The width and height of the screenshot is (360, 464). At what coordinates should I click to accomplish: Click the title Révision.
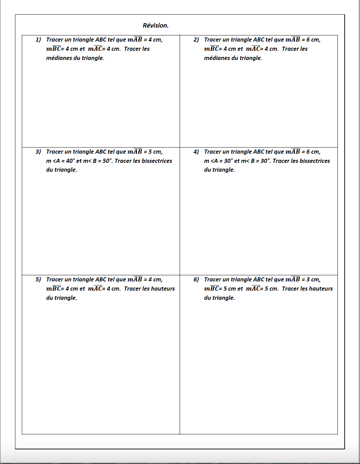coord(155,26)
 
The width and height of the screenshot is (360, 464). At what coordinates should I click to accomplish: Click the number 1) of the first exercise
coord(38,40)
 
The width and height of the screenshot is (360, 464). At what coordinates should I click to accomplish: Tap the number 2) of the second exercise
coord(196,40)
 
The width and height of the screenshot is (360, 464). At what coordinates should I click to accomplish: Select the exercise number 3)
coord(38,152)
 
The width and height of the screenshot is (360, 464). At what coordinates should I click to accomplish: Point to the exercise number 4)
coord(196,152)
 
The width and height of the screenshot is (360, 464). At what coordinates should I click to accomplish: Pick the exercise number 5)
coord(38,280)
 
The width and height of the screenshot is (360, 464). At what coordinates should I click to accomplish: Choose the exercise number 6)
coord(196,280)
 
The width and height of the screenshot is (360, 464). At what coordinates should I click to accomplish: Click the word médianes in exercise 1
coord(58,58)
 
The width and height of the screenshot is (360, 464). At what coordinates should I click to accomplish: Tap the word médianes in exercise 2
coord(216,58)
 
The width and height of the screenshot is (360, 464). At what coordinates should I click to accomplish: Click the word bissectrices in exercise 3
coord(157,161)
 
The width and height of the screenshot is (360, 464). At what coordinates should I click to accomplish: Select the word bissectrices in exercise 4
coord(315,161)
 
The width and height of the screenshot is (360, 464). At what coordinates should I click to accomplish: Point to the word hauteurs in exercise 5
coord(163,289)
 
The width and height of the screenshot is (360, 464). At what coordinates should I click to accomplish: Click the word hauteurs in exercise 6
coord(320,289)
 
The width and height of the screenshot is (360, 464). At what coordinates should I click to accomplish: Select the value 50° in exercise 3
coord(107,161)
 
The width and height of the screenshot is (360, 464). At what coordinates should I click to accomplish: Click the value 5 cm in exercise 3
coord(155,152)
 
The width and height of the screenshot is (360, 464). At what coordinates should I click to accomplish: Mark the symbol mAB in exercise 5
coord(135,279)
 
